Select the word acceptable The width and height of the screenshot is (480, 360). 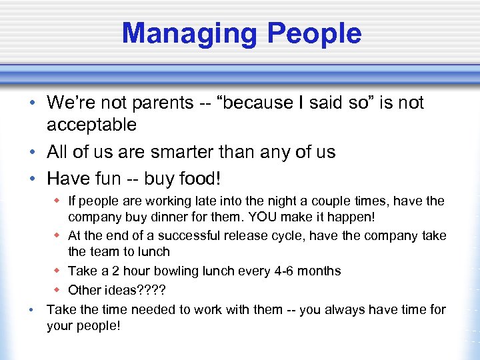[91, 125]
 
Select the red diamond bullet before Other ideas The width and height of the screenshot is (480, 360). [57, 290]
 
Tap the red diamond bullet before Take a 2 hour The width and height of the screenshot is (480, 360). [57, 271]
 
